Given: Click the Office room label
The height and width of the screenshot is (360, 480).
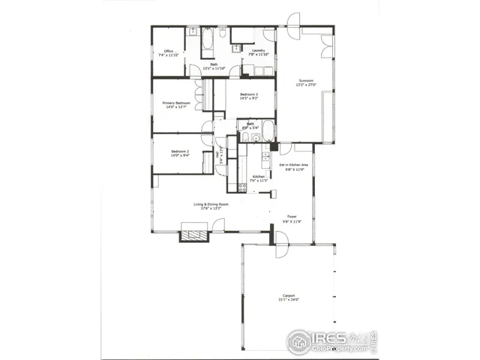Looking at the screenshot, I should point(169,51).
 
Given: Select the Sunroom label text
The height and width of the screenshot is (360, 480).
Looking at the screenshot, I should point(305,80).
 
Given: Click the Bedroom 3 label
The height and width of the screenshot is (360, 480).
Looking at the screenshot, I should point(249,94).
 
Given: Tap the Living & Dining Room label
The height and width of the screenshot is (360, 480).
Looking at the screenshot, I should point(211,203).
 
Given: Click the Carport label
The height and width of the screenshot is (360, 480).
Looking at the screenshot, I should point(289,295).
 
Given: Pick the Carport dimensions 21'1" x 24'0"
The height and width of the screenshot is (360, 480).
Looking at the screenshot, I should point(289,300).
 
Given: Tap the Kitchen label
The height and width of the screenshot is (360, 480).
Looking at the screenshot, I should point(258,176).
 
